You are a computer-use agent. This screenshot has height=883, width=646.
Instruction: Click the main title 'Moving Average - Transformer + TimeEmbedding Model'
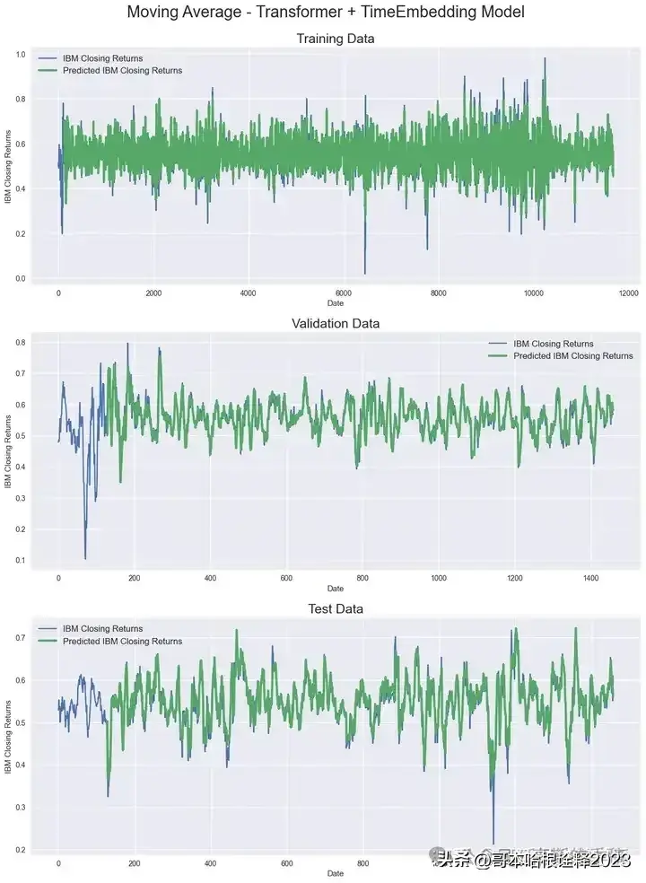click(326, 13)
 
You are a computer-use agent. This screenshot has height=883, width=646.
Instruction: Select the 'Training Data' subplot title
click(335, 39)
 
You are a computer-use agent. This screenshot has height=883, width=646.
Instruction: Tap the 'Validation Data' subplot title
click(335, 323)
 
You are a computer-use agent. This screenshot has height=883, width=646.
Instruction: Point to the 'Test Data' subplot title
click(335, 608)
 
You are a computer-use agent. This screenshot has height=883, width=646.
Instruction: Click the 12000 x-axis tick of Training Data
click(628, 293)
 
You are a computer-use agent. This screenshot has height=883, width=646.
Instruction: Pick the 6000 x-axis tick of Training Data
click(343, 293)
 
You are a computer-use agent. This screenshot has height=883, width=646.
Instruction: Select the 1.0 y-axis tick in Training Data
click(20, 55)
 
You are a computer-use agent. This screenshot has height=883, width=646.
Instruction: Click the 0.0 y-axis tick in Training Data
click(20, 279)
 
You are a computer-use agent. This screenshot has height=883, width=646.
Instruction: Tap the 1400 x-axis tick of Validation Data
click(589, 578)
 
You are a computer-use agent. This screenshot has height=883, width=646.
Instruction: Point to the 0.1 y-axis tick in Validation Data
click(20, 561)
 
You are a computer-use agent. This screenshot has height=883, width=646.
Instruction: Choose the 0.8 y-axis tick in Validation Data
click(20, 343)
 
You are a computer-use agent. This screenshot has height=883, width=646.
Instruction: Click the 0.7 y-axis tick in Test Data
click(20, 638)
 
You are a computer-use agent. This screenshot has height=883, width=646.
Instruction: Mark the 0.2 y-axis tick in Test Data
click(20, 850)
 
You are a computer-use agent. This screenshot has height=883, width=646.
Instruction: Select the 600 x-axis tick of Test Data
click(287, 864)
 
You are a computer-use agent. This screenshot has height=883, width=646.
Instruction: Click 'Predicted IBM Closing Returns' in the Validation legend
click(572, 355)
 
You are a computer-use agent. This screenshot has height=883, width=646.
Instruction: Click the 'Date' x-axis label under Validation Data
click(335, 589)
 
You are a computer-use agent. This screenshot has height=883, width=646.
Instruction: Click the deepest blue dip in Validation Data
click(85, 557)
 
